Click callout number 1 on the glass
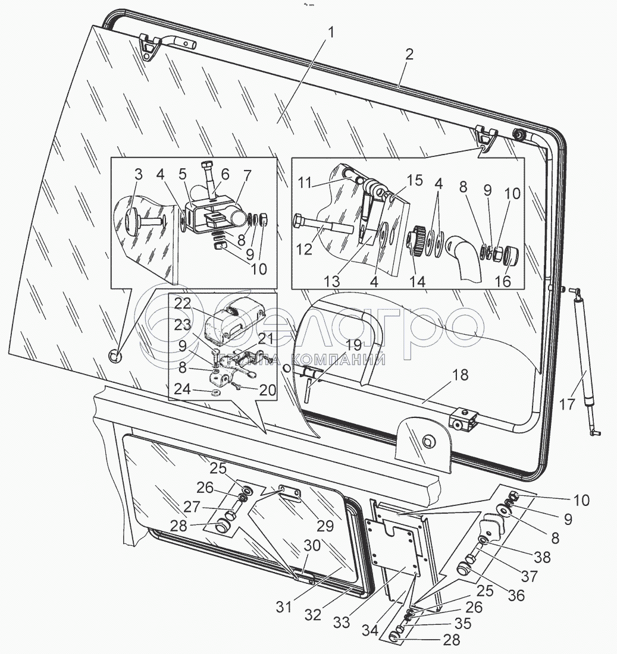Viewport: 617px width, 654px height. [331, 33]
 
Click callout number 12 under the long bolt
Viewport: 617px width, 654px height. [304, 250]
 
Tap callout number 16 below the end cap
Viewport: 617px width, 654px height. [502, 281]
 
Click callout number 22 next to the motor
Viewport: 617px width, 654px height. [183, 304]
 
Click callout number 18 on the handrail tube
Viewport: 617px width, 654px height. [460, 375]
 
